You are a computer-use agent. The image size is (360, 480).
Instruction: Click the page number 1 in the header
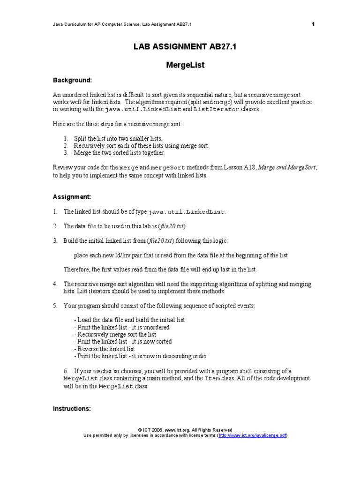[313, 24]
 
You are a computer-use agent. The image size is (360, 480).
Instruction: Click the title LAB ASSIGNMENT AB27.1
[180, 46]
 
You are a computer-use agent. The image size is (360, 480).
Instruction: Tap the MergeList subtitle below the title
[180, 66]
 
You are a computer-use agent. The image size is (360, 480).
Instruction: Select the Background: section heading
[72, 80]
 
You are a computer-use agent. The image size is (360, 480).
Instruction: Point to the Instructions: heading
[72, 409]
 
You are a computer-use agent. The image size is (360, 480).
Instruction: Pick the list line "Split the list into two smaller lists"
[118, 139]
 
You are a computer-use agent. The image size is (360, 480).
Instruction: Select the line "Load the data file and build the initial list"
[129, 320]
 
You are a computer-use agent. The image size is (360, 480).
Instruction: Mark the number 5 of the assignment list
[55, 306]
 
